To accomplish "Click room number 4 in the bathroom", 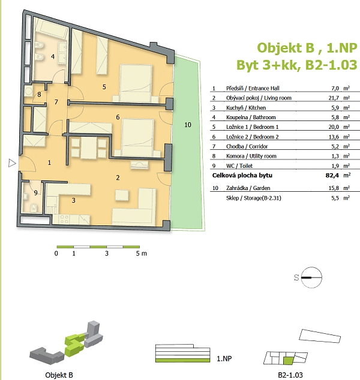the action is coord(53,57).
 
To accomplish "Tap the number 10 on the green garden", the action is coord(188,125).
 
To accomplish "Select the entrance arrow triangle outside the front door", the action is coord(12,163).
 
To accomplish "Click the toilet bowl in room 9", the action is coord(34,207).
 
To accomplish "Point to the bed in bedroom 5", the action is coord(136,83).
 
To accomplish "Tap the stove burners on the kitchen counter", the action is coord(64,219).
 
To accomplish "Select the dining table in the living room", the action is coord(89,148).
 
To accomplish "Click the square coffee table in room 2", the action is coord(122,195).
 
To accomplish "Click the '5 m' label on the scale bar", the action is coord(141,254).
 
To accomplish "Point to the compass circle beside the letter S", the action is coord(311,278).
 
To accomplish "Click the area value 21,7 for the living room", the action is coord(334,98).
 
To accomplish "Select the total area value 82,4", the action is coord(332,175).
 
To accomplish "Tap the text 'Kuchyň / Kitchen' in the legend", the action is coord(246,108).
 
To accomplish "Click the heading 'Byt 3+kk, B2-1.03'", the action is coord(296,65).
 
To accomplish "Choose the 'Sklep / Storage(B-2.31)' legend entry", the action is coord(254,198).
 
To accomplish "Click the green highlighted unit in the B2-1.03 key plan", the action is coord(289,361).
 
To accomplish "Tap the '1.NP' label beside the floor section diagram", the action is coord(224,358).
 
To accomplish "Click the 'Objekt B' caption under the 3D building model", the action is coord(59,375).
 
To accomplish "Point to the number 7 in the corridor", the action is coord(56,102).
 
